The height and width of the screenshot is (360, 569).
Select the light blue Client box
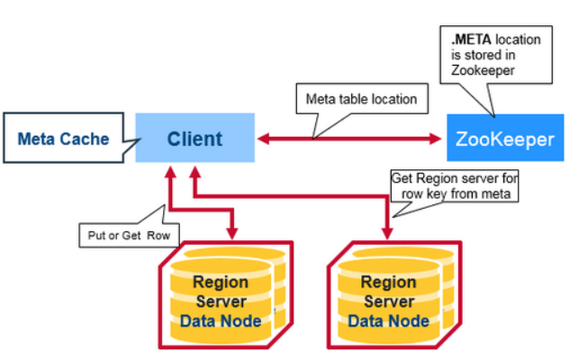point(194,139)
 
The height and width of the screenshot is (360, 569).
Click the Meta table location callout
point(361,98)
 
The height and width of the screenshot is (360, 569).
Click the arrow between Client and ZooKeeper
point(351,139)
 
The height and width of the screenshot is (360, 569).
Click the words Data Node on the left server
point(221,320)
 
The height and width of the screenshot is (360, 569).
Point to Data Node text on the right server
point(388,320)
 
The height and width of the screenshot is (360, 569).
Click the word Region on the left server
point(221,282)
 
